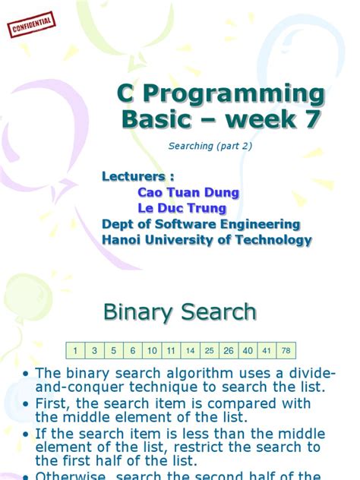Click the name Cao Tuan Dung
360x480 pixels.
pos(188,193)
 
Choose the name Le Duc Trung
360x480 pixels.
pos(181,208)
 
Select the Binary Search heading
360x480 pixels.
pos(180,312)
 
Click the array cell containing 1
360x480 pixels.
pos(76,350)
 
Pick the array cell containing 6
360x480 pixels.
pos(133,350)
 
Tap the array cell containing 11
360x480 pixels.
pos(171,350)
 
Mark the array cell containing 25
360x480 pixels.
pos(210,350)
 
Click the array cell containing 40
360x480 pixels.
pos(248,350)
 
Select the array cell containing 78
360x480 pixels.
pos(286,350)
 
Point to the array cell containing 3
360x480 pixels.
pos(95,350)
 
